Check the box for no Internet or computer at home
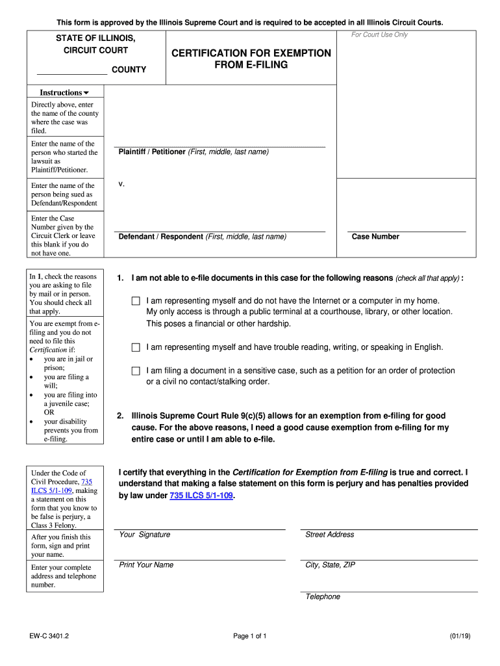pyautogui.click(x=136, y=301)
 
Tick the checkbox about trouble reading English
pyautogui.click(x=136, y=348)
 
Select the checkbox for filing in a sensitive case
pyautogui.click(x=136, y=371)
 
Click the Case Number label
pyautogui.click(x=375, y=237)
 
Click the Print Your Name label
pyautogui.click(x=146, y=565)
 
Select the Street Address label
pyautogui.click(x=330, y=535)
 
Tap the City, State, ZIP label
pyautogui.click(x=330, y=565)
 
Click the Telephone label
pyautogui.click(x=323, y=596)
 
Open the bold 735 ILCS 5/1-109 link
pyautogui.click(x=201, y=496)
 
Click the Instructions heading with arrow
pyautogui.click(x=65, y=93)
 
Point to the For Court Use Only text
pyautogui.click(x=379, y=35)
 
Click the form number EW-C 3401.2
pyautogui.click(x=49, y=635)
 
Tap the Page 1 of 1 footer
pyautogui.click(x=250, y=635)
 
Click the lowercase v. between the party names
pyautogui.click(x=121, y=184)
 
